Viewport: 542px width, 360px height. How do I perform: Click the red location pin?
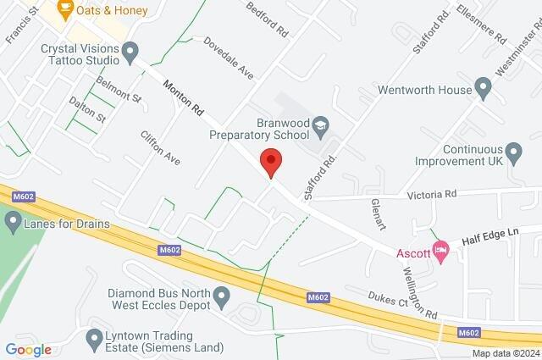[x=270, y=160]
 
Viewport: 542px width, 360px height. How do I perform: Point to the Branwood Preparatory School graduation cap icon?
[x=320, y=127]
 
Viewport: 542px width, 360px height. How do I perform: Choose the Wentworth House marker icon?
[x=484, y=87]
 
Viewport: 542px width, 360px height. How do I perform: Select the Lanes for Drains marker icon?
[x=13, y=224]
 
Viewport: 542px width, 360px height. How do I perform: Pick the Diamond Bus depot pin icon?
[x=222, y=297]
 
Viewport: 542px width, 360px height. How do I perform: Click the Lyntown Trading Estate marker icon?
[x=94, y=340]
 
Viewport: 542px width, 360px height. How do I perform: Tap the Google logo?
[x=28, y=350]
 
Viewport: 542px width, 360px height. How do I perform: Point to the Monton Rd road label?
[x=185, y=97]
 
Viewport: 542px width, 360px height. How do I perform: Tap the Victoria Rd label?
[x=431, y=194]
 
